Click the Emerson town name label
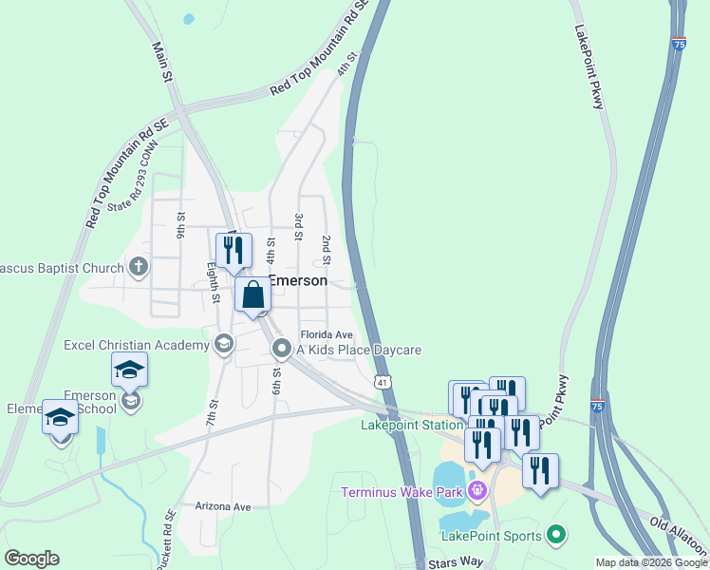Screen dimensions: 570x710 298,281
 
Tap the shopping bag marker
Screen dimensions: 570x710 253,294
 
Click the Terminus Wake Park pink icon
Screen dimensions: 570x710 476,491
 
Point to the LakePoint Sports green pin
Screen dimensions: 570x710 556,536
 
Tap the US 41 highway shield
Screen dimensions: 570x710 382,382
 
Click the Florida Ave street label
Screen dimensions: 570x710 327,335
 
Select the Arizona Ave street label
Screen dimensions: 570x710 222,507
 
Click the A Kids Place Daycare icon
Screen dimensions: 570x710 281,350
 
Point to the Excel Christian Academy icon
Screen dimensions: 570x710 224,344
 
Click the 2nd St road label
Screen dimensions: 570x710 326,249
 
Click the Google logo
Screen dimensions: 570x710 31,559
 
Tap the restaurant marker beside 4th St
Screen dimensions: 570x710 234,251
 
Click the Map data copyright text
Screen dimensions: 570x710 651,562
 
